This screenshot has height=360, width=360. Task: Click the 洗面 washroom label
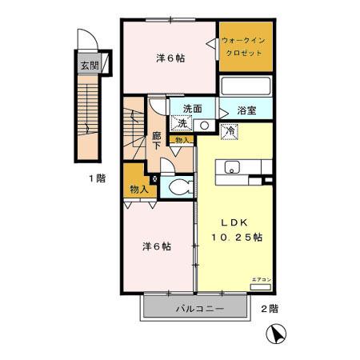pos(192,110)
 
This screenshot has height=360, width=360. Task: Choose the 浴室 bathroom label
pos(247,110)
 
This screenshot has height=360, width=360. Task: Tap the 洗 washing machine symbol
pos(183,124)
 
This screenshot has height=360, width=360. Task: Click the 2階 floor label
pos(269,308)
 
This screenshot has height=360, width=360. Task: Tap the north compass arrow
pos(278,334)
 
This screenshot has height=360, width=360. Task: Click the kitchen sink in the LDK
pos(233,167)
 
